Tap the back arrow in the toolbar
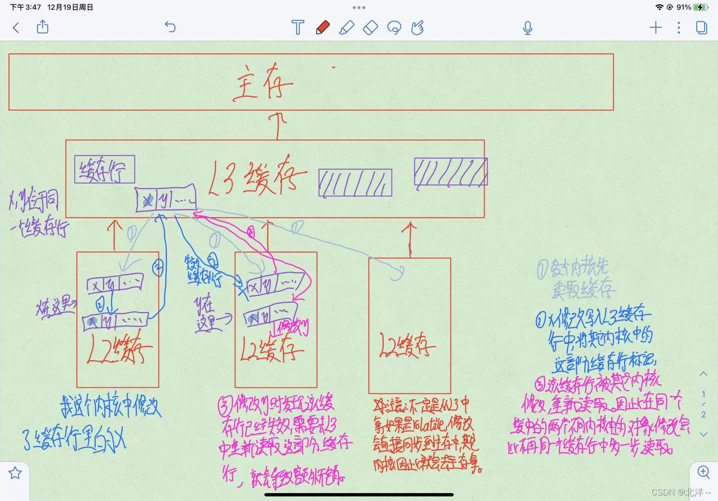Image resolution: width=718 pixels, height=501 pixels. (x=16, y=28)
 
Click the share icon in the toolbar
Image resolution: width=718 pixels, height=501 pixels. (x=43, y=27)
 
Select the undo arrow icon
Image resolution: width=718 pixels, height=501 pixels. (x=170, y=27)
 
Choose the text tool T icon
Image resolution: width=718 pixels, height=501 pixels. (x=298, y=28)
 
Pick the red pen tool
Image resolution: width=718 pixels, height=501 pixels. (x=323, y=28)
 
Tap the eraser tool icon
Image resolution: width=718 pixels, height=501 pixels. (x=370, y=28)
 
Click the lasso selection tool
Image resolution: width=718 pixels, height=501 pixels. (x=394, y=28)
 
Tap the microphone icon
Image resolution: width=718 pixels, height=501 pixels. (x=527, y=28)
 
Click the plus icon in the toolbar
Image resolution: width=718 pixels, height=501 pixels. (x=655, y=28)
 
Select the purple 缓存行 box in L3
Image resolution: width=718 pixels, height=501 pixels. (x=104, y=169)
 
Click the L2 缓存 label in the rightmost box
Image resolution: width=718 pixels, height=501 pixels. (x=407, y=346)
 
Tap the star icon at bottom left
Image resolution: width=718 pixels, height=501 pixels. (x=15, y=473)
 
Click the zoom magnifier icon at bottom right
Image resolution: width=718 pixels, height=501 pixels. (x=704, y=473)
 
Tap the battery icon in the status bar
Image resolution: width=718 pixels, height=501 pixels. (x=700, y=7)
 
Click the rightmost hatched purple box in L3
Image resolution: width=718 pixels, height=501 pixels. (x=450, y=172)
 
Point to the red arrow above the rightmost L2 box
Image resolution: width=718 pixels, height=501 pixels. (x=410, y=239)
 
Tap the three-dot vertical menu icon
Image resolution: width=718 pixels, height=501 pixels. (x=679, y=28)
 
